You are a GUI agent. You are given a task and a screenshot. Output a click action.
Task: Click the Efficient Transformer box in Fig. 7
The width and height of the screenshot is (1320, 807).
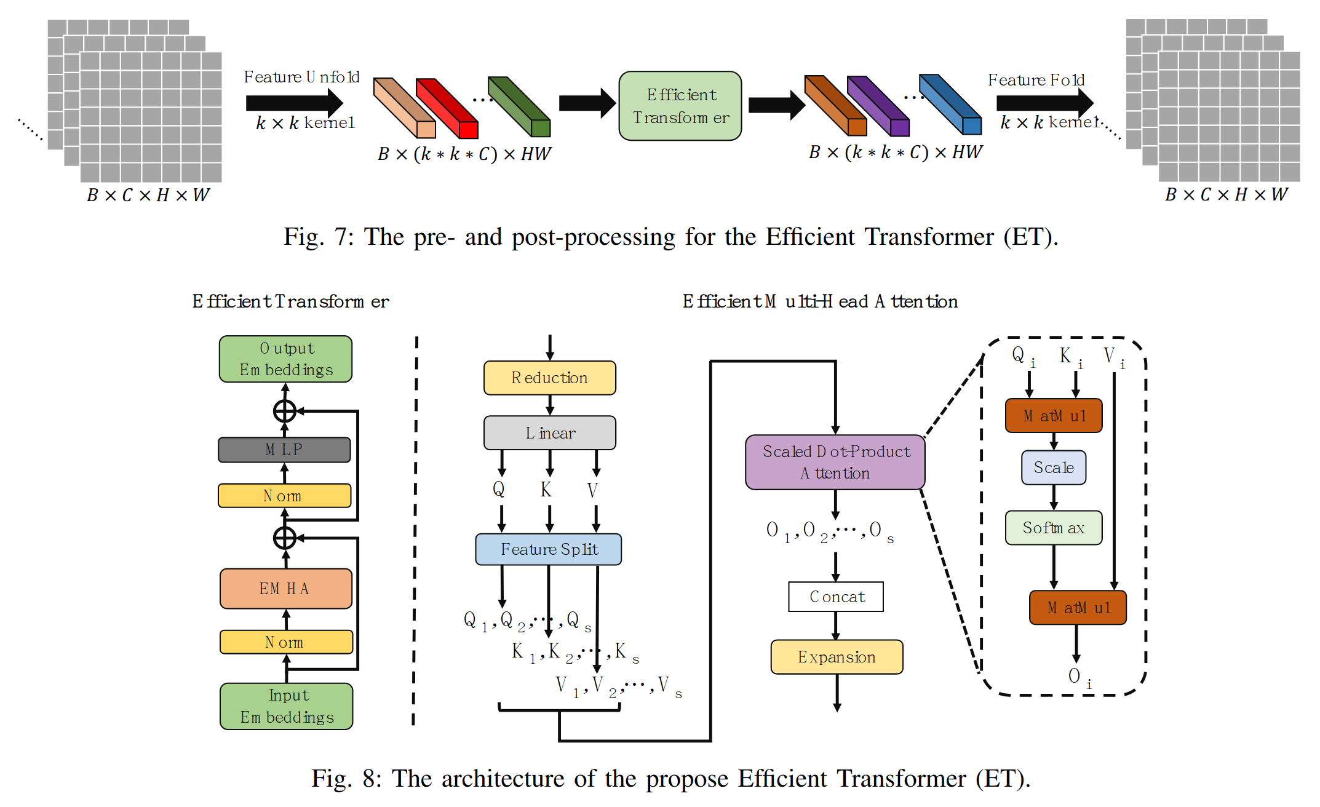(x=680, y=106)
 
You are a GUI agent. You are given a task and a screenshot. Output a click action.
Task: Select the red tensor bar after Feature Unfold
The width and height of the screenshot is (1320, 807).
(x=447, y=108)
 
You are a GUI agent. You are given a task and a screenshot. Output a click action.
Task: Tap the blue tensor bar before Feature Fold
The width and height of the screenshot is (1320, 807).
(x=950, y=104)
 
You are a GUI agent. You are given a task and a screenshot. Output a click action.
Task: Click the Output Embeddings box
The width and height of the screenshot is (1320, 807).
(x=285, y=359)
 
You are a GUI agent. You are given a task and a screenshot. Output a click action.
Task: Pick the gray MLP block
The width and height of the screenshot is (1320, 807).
(x=284, y=450)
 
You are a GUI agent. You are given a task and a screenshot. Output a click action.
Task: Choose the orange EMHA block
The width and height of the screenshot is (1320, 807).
(x=285, y=589)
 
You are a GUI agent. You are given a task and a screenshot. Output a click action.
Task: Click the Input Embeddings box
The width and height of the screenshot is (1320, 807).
(x=286, y=706)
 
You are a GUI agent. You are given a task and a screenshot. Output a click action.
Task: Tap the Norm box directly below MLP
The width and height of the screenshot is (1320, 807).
(x=284, y=496)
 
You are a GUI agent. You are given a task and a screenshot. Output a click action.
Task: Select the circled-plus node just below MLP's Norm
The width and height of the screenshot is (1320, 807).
(x=285, y=538)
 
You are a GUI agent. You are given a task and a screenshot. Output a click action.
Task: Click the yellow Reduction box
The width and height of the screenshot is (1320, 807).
(x=549, y=378)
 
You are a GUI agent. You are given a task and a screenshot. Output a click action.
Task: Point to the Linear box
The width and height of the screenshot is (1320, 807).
(x=549, y=433)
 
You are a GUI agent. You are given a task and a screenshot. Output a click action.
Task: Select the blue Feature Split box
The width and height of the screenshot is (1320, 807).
(x=548, y=549)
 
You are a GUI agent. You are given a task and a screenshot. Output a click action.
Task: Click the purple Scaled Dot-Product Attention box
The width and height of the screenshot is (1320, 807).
(x=835, y=463)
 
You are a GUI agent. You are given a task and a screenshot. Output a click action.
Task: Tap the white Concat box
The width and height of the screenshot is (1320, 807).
(x=836, y=597)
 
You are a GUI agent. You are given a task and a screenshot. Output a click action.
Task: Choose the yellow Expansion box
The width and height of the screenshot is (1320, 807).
(x=837, y=657)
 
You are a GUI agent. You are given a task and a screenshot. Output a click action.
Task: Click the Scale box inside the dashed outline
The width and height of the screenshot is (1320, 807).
(x=1053, y=467)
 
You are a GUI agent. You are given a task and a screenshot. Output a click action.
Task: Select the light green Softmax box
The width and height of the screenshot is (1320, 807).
(x=1053, y=528)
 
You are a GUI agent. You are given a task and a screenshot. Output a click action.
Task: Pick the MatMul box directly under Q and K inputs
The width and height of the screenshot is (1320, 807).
(x=1053, y=416)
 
